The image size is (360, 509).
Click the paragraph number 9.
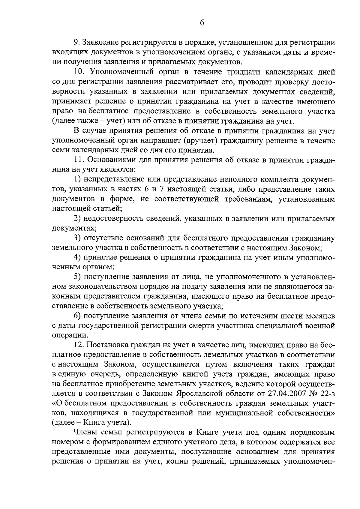point(76,43)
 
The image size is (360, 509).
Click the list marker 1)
point(77,180)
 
